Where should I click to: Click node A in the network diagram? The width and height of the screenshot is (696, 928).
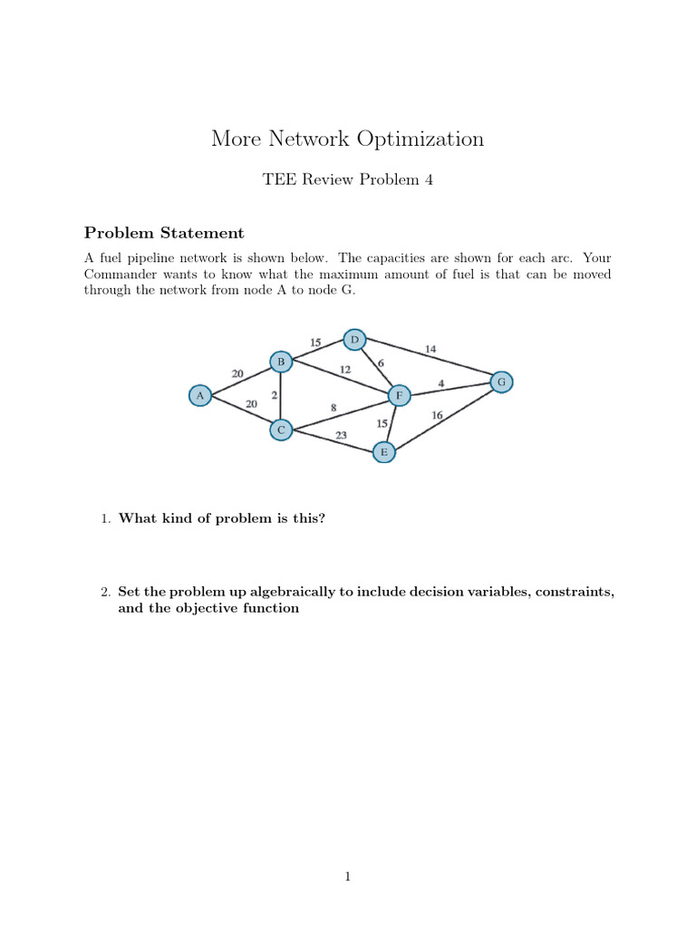200,395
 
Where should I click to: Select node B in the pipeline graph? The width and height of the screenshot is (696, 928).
281,362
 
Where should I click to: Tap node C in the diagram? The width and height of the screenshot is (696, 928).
281,430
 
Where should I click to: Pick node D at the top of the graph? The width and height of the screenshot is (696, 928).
354,340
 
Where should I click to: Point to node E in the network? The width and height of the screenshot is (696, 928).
384,451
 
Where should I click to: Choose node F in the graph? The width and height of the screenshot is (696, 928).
398,396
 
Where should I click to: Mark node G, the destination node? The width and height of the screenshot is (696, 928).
501,382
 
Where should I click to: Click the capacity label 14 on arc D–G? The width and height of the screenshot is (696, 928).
430,349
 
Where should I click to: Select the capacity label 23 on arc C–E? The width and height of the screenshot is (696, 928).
341,435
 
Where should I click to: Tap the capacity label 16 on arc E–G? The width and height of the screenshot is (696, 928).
437,415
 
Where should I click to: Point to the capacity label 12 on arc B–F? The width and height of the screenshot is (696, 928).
345,369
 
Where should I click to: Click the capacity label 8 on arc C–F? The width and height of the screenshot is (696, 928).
333,408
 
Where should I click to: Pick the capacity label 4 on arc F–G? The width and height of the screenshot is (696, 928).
440,383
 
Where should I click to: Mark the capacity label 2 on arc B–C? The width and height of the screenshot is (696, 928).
273,396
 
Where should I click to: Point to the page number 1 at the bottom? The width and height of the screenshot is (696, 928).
347,876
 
